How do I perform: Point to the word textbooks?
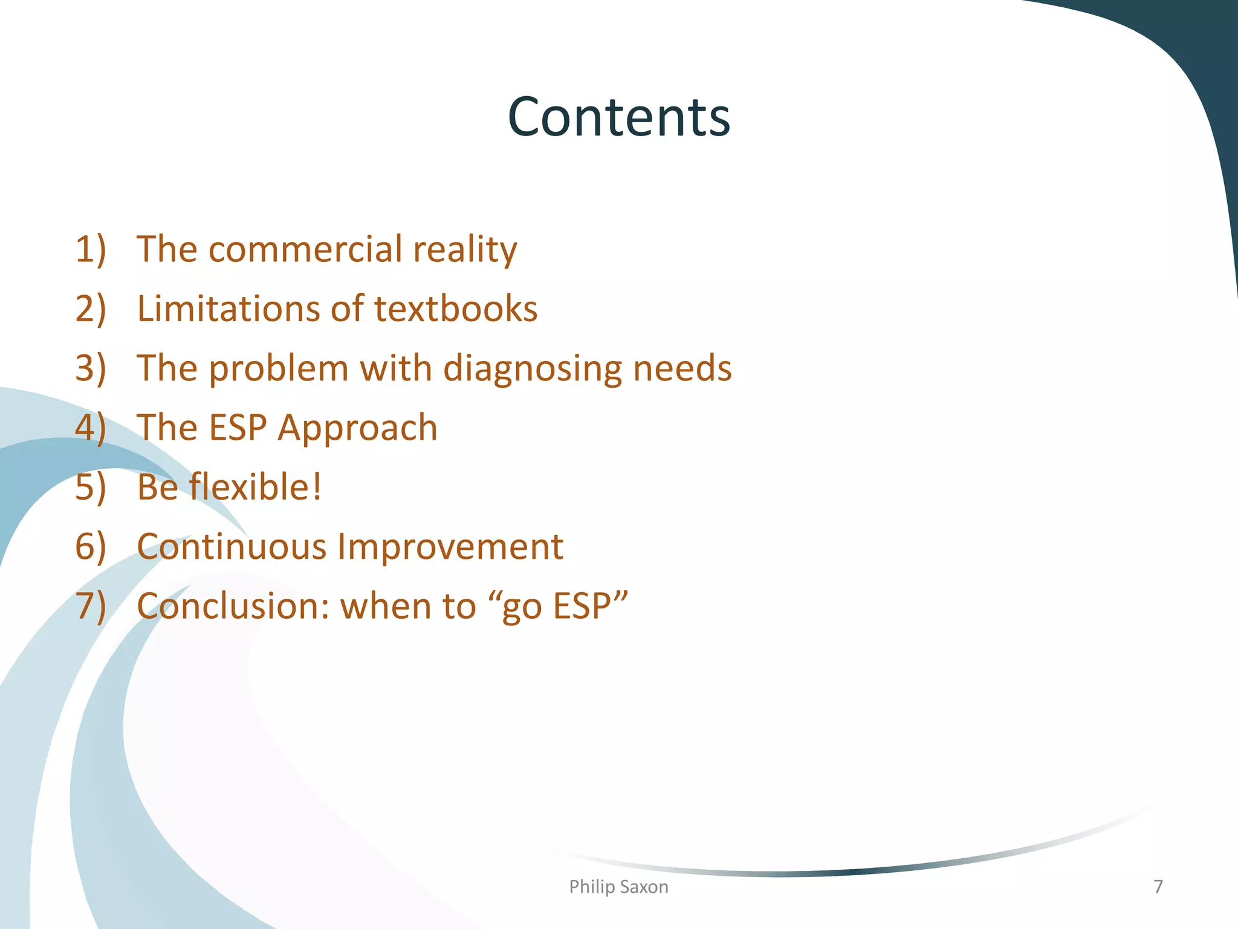point(456,308)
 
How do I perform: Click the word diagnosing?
point(533,369)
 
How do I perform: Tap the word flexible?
point(255,487)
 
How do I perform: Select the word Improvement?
point(450,547)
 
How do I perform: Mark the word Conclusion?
point(233,606)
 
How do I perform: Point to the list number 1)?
point(91,249)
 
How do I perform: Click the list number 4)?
point(91,428)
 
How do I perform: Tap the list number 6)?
point(91,547)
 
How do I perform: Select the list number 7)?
point(91,606)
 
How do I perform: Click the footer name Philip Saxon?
point(618,887)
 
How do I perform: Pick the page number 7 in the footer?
point(1158,887)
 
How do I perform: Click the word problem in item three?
point(279,369)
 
